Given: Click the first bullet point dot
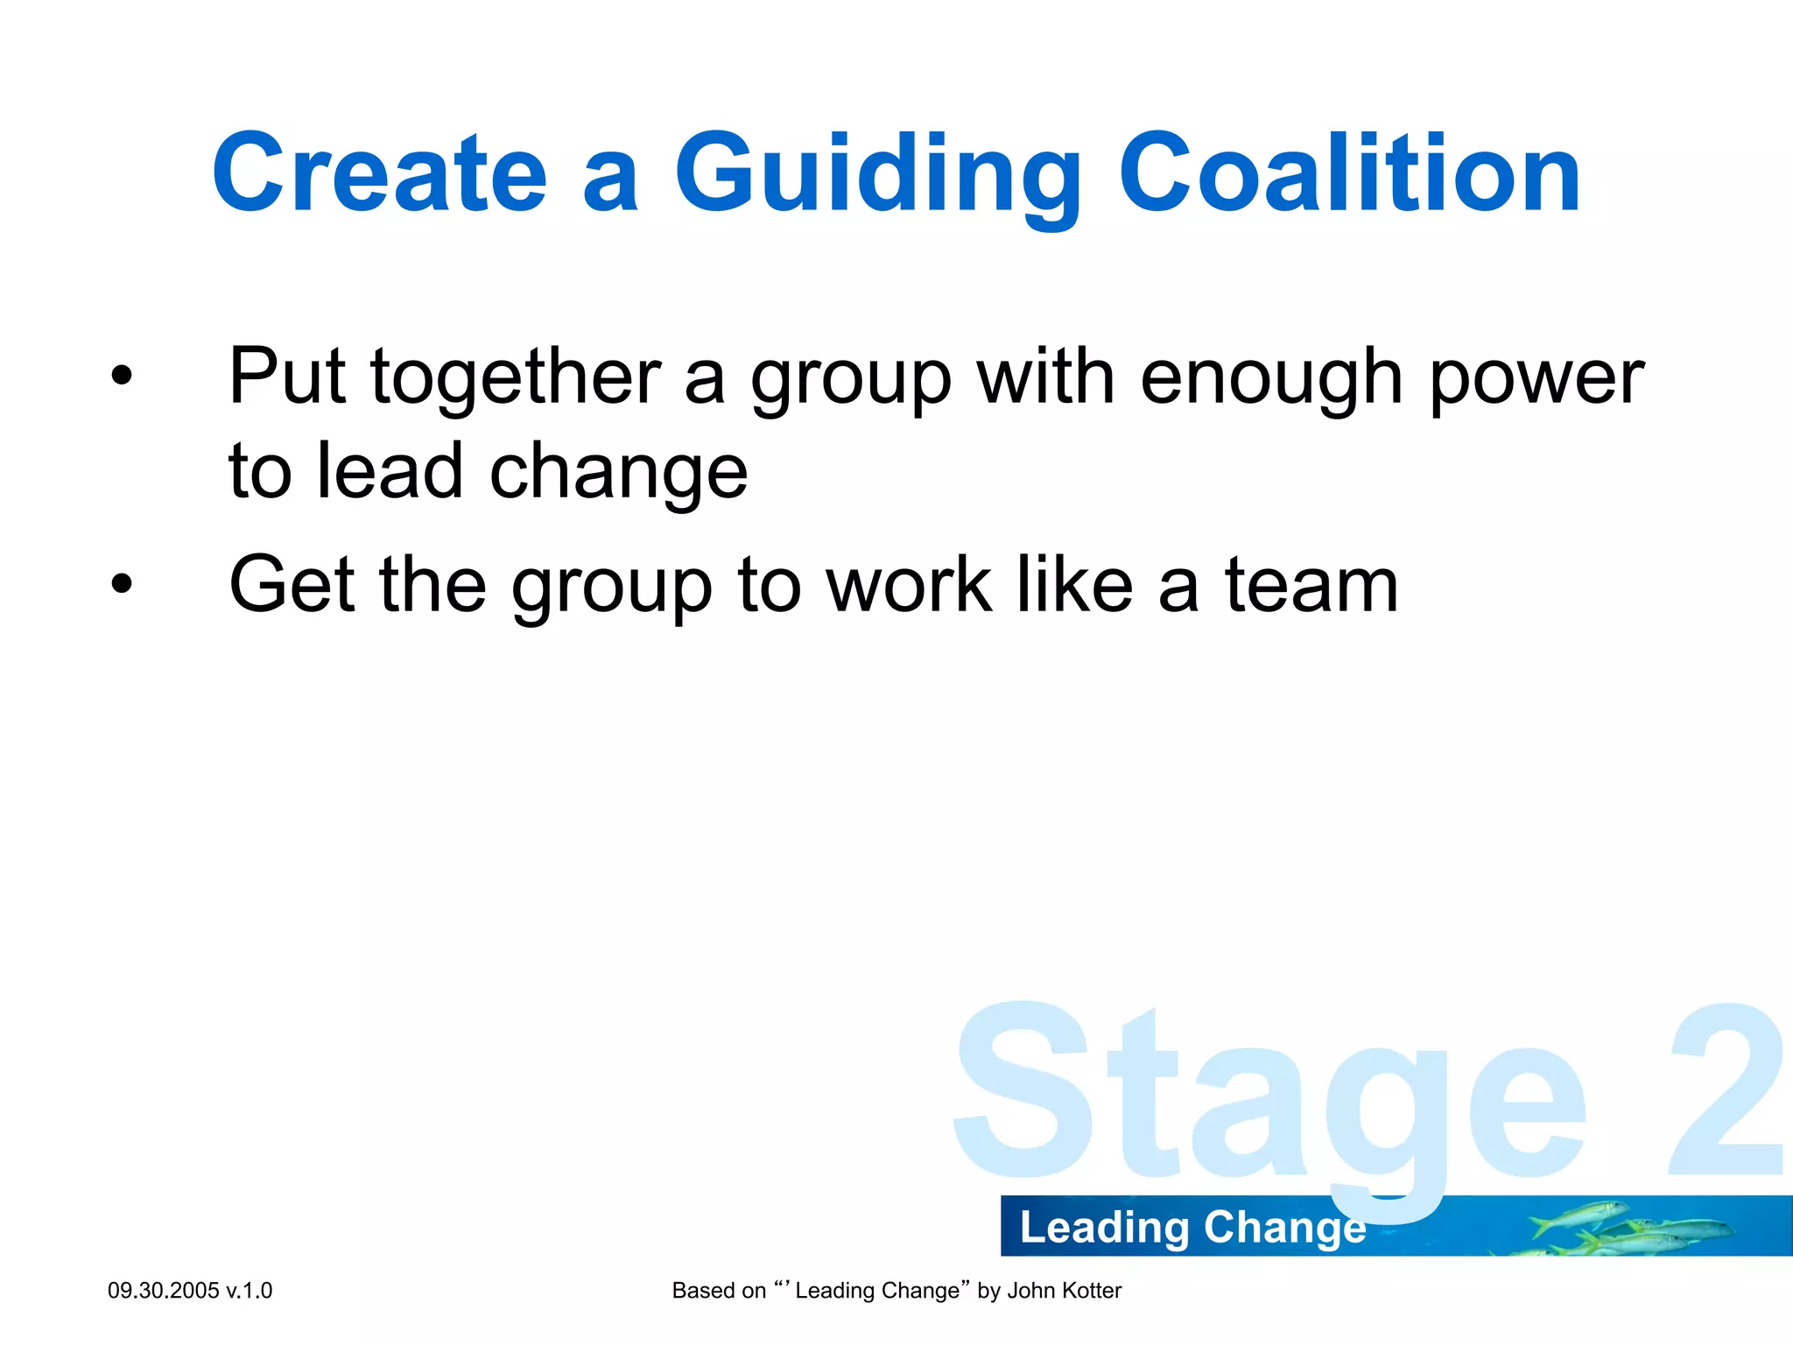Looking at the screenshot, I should click(122, 377).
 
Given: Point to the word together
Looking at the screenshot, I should click(516, 378).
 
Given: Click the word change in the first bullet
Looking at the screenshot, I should click(618, 473).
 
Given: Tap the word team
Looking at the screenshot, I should click(1311, 584).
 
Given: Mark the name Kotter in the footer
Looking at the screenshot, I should click(1090, 1291).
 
